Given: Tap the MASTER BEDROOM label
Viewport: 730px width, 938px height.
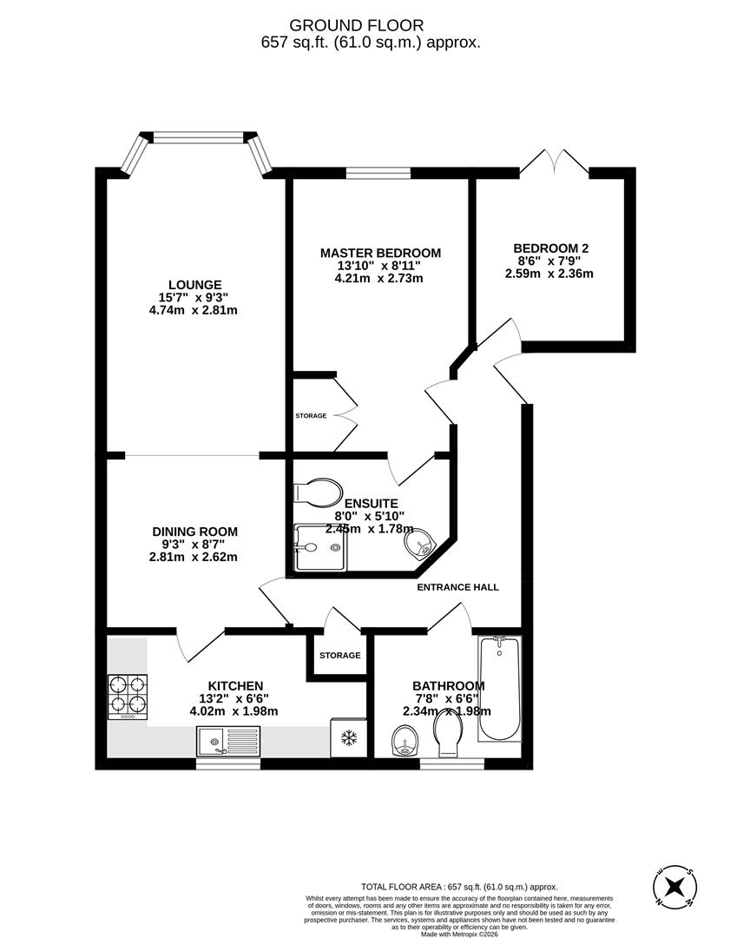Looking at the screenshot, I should pos(380,253).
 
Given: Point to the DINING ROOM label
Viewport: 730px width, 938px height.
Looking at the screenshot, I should pos(194,532).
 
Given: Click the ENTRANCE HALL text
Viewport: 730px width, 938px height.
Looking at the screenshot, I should pos(457,587).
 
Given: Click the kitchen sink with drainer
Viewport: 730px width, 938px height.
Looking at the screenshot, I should pos(227,741).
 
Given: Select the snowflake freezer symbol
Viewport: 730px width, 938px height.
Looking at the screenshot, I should pos(348,738).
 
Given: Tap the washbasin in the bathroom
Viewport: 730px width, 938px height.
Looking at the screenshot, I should pos(404,742).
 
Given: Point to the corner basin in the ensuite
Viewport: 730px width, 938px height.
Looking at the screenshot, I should pos(420,544).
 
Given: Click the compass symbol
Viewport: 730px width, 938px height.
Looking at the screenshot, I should pos(674,887).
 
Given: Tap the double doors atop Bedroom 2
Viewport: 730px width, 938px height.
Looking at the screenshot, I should pos(555,162).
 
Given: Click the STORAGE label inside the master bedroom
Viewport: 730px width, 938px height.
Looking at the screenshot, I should pos(311,416).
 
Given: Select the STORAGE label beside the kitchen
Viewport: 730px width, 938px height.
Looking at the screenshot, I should pos(339,655).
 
